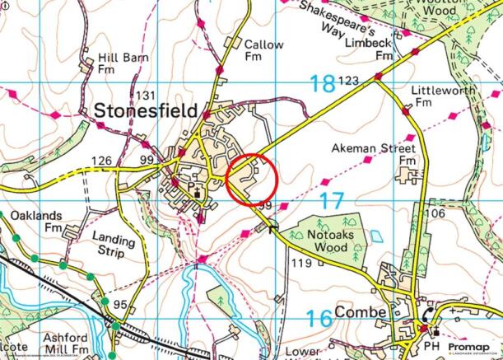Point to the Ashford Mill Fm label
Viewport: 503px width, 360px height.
[x=63, y=344]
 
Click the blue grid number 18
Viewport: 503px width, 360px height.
[x=323, y=82]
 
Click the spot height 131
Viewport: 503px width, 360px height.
[x=147, y=95]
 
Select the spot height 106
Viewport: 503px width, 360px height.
[x=436, y=214]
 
